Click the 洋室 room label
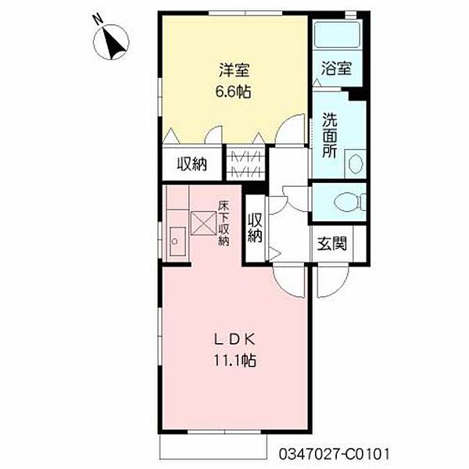234,70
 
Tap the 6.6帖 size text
233,91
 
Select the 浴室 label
336,68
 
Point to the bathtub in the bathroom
338,35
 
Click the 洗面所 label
330,135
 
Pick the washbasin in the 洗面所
356,164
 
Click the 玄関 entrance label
332,243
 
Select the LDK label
234,340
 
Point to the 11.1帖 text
234,360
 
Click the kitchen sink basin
177,242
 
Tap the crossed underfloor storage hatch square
203,223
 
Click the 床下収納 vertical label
223,224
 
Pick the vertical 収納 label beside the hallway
255,227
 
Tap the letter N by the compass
98,20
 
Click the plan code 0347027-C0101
335,454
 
